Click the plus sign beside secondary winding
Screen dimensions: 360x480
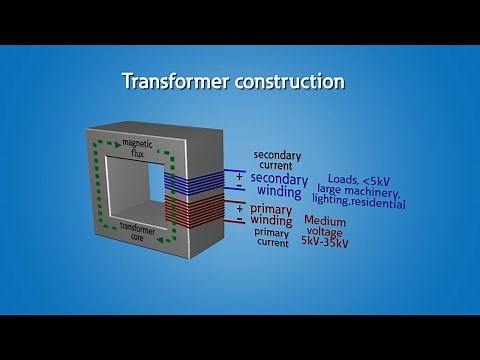239,175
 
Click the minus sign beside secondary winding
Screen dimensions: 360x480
239,188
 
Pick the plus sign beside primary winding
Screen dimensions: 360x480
239,207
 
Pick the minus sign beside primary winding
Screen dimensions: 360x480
239,220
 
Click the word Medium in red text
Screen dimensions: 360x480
327,220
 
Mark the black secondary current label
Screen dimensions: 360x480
276,160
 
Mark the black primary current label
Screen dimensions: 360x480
276,236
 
